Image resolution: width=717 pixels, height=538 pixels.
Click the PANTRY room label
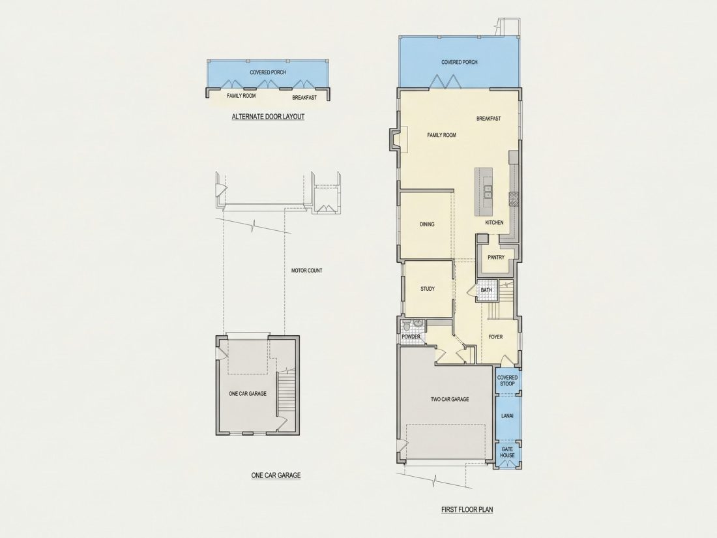coord(495,258)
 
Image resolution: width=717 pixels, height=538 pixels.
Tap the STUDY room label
coord(428,289)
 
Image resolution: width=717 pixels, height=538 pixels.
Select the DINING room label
coord(427,224)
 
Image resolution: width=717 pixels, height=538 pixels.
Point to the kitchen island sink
coord(488,191)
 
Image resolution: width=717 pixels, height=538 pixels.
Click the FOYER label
coord(495,337)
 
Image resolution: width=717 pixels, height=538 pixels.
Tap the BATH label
coord(486,290)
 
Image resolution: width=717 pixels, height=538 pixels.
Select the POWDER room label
coord(411,337)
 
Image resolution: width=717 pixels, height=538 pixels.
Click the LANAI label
coord(507,416)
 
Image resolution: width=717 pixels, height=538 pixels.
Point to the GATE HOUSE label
coord(507,453)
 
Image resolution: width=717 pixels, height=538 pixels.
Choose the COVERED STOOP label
coord(507,381)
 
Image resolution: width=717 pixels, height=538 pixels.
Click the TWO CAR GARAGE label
coord(450,399)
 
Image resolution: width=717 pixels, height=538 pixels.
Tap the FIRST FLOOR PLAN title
coord(467,509)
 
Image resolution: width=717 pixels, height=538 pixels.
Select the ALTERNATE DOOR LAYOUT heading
coord(268,117)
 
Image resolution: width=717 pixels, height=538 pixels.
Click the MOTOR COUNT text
coord(307,271)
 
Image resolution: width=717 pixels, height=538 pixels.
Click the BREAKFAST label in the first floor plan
coord(488,119)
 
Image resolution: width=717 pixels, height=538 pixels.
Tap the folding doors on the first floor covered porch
coord(445,82)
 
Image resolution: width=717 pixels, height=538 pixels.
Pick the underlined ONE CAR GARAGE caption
coord(276,475)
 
